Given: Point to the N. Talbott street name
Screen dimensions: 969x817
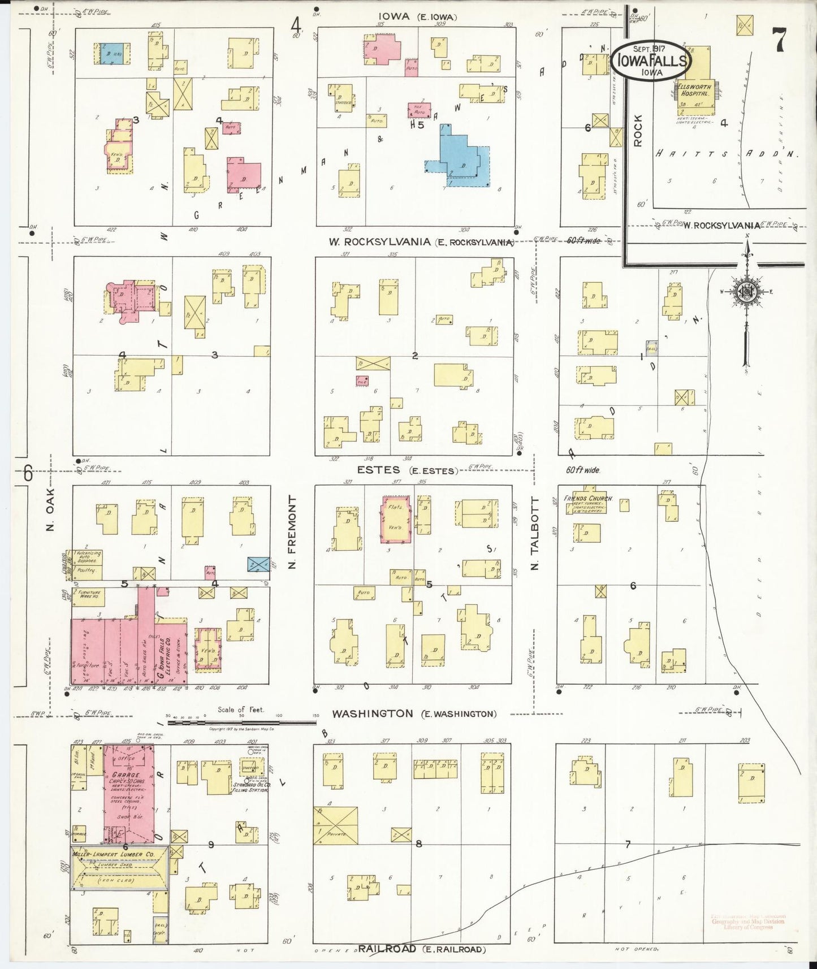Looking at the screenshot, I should (x=536, y=533).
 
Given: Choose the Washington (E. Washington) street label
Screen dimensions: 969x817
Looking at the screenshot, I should (x=414, y=713).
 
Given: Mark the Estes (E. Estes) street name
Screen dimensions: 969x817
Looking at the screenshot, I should (x=406, y=470).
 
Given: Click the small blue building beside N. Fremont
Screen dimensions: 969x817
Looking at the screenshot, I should (x=258, y=564).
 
